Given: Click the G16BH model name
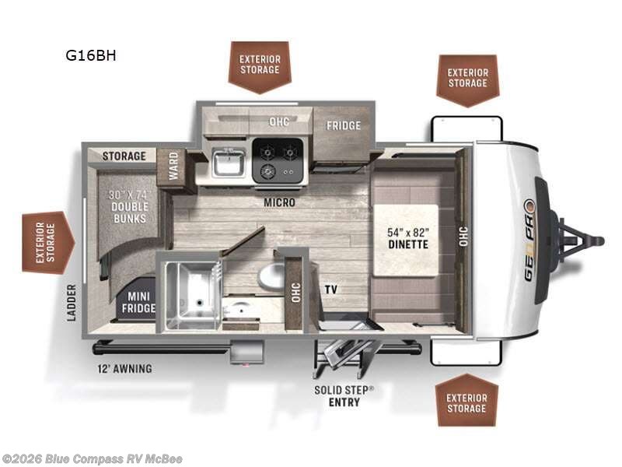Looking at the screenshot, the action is click(91, 55).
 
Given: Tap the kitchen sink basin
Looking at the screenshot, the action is click(229, 162).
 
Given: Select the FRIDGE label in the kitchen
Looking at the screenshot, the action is click(344, 125).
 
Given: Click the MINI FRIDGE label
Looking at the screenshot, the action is click(138, 302).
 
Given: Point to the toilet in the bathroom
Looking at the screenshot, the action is click(271, 278).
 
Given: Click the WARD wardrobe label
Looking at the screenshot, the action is click(173, 166).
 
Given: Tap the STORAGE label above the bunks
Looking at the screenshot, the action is click(124, 156).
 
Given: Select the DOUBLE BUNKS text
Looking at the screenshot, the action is click(129, 212).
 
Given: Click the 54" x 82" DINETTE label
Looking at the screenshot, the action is click(408, 238).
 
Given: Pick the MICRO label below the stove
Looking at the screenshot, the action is click(280, 202).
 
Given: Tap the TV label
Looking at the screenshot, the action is click(331, 289).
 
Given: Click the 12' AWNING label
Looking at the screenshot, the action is click(124, 369).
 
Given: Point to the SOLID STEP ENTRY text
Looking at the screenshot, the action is click(344, 396).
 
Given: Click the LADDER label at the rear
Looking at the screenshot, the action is click(72, 303).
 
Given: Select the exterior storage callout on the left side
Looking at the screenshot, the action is click(48, 243).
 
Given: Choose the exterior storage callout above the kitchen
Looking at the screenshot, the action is click(260, 67).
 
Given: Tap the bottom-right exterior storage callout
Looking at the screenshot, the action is click(466, 400).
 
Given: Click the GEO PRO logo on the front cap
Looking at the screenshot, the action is click(530, 240).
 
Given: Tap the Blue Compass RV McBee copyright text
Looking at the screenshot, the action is click(91, 459).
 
